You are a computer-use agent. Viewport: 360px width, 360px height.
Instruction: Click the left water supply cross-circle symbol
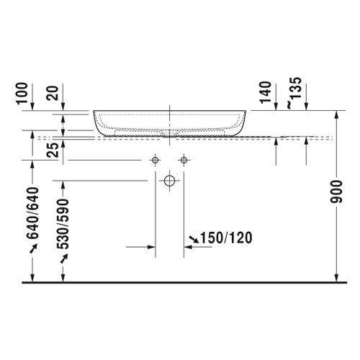[154, 159]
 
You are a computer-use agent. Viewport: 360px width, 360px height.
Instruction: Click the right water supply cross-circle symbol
[184, 159]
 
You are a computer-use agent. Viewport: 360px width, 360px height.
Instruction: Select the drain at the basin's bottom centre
[170, 134]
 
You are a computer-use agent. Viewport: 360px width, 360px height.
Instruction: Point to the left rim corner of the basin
[94, 113]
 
